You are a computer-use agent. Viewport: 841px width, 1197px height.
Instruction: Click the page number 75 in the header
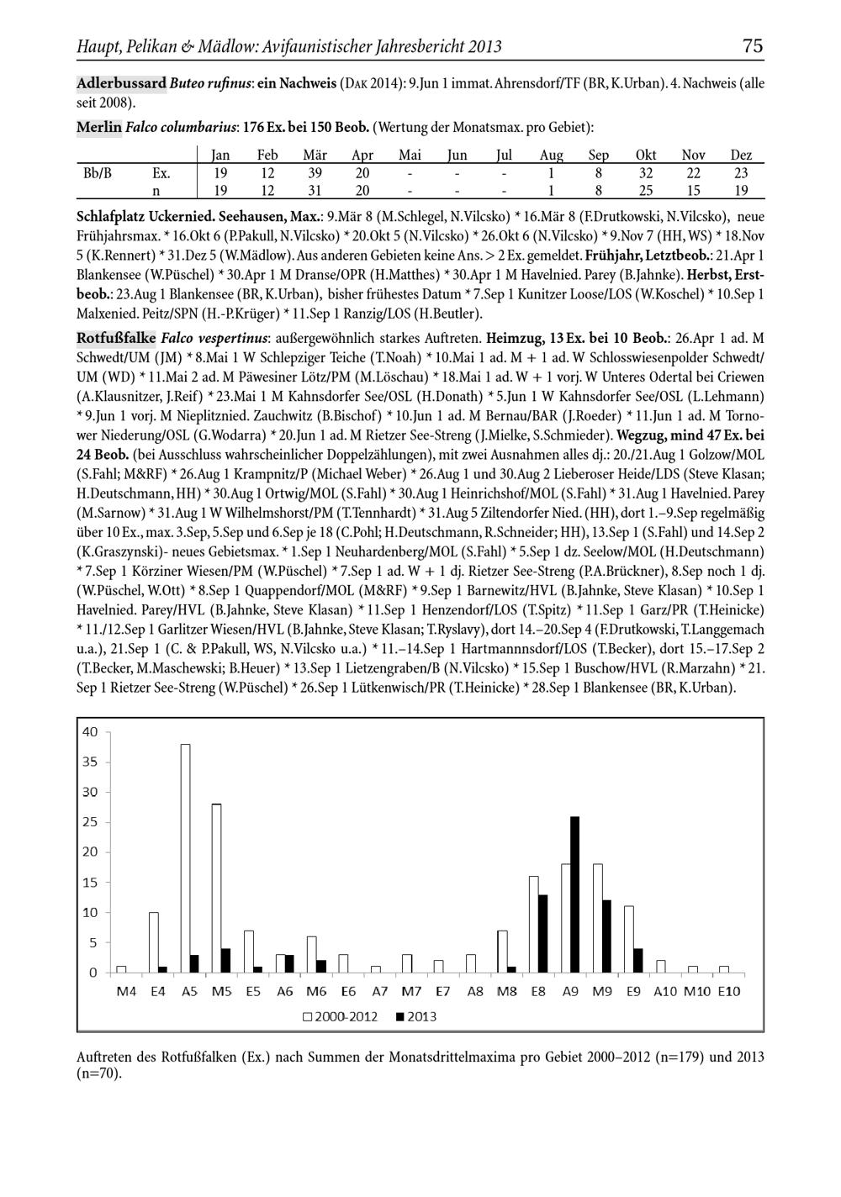(x=753, y=45)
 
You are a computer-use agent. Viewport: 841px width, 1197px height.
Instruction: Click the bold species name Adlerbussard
(x=121, y=83)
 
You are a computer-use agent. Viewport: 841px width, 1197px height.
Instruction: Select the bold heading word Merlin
(x=98, y=127)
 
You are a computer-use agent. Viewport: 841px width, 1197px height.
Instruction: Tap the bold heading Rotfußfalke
(x=116, y=338)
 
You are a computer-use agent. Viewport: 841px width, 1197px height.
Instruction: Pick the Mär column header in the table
(x=315, y=156)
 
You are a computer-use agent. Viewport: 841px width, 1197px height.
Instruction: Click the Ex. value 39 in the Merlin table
(x=315, y=173)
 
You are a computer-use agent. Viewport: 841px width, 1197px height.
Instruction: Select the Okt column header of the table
(x=646, y=156)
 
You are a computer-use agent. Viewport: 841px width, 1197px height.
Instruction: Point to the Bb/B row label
(x=98, y=173)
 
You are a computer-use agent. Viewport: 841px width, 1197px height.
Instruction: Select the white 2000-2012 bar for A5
(x=185, y=857)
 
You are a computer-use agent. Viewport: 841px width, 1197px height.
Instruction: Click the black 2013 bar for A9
(x=574, y=894)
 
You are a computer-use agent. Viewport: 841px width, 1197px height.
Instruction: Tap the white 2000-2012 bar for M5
(x=216, y=888)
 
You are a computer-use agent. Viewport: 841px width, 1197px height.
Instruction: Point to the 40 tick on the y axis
(x=90, y=731)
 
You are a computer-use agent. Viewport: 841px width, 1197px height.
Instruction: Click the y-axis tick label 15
(x=90, y=882)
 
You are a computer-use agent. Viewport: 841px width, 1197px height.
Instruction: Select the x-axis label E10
(x=728, y=991)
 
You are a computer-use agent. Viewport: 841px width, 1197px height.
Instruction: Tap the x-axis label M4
(x=126, y=991)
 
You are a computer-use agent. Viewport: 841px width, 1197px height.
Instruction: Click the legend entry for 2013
(x=415, y=1015)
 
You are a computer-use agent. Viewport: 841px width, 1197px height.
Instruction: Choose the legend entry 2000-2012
(x=341, y=1015)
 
